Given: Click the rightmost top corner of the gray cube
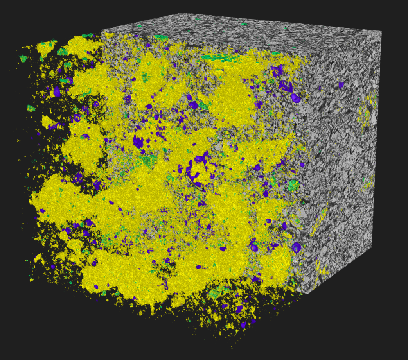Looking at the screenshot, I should [381, 31].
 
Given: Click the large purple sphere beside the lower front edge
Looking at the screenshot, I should [296, 247].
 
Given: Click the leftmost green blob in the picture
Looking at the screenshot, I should [23, 59].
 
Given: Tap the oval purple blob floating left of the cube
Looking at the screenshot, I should [57, 91].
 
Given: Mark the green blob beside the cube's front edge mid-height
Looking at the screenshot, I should [293, 184].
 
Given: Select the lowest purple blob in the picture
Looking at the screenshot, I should [244, 325].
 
